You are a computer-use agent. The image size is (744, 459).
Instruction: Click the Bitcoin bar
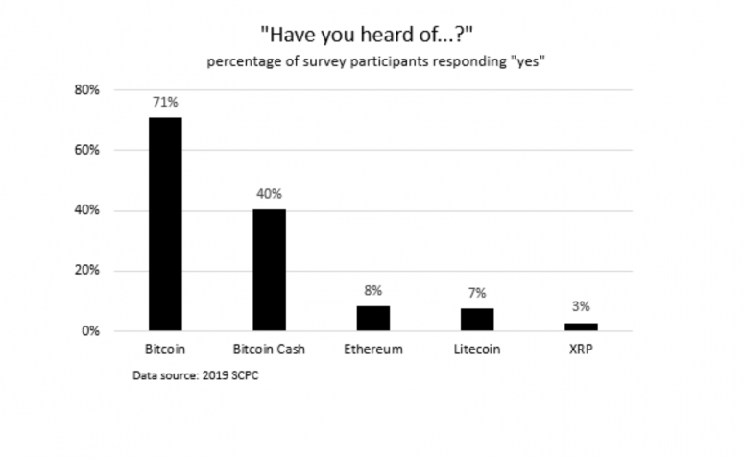(165, 224)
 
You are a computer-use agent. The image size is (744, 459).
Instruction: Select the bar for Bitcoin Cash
(269, 270)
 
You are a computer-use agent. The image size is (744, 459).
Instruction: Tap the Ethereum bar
(373, 319)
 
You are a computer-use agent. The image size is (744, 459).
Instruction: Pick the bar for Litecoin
(477, 320)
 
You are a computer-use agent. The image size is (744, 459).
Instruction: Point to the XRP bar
(581, 326)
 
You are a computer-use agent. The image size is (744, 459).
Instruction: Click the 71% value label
(165, 102)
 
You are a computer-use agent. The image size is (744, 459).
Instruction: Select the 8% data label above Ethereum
(373, 291)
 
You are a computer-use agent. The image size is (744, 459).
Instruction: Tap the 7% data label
(477, 293)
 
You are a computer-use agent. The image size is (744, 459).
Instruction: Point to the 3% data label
(581, 306)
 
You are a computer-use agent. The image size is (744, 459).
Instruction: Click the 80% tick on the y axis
(86, 89)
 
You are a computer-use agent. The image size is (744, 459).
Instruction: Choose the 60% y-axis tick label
(86, 150)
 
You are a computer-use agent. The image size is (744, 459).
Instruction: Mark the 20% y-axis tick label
(86, 270)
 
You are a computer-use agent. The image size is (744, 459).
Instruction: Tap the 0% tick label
(90, 331)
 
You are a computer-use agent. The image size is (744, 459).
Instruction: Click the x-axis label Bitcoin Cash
(269, 350)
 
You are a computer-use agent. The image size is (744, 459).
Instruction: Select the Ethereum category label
(373, 350)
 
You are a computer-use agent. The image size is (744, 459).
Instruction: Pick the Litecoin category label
(477, 350)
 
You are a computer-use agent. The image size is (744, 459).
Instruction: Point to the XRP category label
(581, 350)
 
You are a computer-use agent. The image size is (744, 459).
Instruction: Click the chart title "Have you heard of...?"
(367, 35)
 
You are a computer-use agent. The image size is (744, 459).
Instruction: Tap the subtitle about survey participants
(375, 61)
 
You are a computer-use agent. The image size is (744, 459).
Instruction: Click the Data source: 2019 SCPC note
(196, 375)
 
